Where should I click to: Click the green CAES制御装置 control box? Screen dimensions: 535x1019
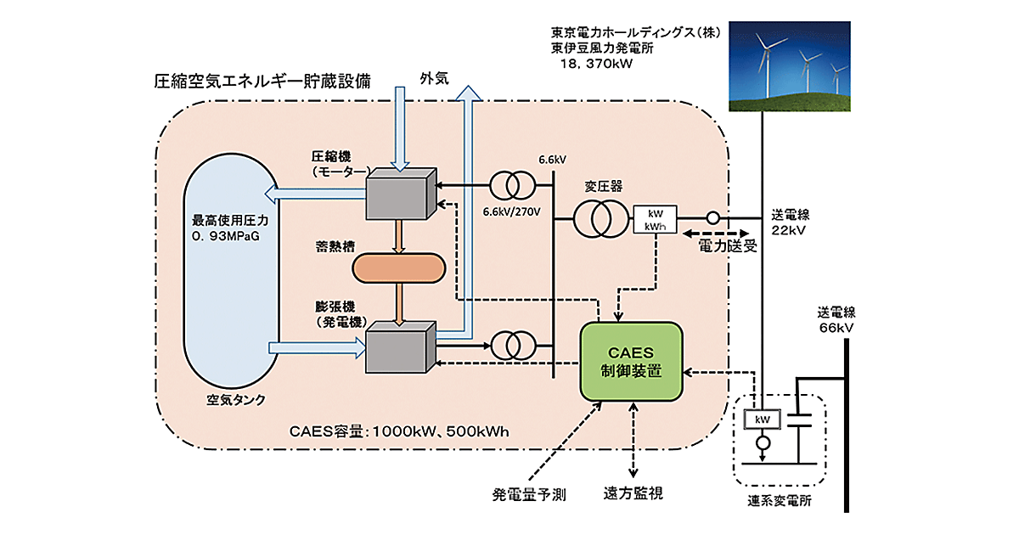coord(631,360)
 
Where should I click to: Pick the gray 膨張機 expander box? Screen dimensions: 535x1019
coord(399,346)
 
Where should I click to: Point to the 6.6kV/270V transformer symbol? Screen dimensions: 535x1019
coord(512,184)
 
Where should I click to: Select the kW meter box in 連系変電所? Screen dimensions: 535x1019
coord(763,420)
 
